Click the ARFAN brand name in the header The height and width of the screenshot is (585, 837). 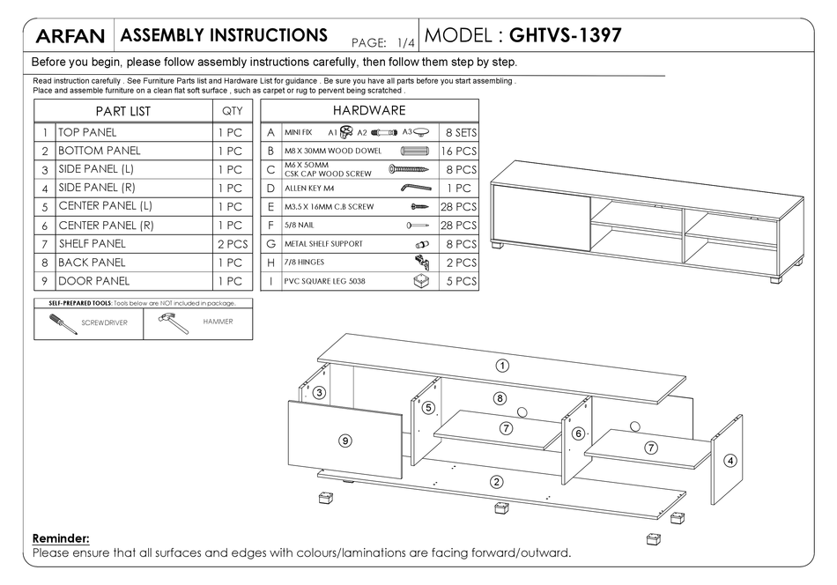[70, 37]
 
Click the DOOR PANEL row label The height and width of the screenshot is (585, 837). [93, 281]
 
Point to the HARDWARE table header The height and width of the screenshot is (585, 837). [369, 111]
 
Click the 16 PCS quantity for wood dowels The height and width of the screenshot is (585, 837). [458, 151]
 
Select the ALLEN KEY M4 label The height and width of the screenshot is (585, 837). [310, 189]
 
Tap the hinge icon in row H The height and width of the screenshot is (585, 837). [421, 262]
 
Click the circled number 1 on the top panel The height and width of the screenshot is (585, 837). [501, 365]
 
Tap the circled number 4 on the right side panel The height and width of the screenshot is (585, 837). [730, 460]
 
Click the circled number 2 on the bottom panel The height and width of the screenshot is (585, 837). [497, 481]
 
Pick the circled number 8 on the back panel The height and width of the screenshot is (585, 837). [500, 398]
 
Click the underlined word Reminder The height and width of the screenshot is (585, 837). [61, 537]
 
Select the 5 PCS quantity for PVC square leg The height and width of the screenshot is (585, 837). [458, 282]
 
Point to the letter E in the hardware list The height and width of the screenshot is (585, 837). [270, 207]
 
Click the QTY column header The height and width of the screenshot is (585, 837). [233, 111]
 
